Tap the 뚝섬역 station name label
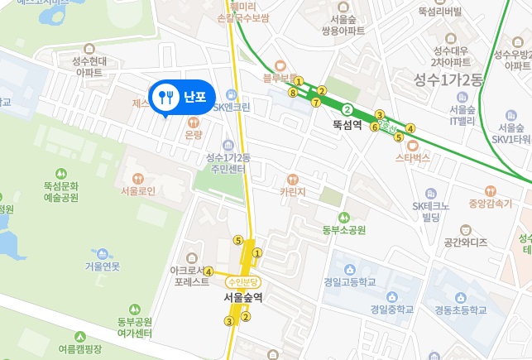348,127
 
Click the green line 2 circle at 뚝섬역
348,109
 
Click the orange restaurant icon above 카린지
292,178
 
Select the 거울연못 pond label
102,266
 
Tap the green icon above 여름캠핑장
80,337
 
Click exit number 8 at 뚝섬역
293,94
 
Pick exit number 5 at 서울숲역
238,241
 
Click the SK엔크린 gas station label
232,107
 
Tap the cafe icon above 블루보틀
280,65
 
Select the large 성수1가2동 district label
451,79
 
